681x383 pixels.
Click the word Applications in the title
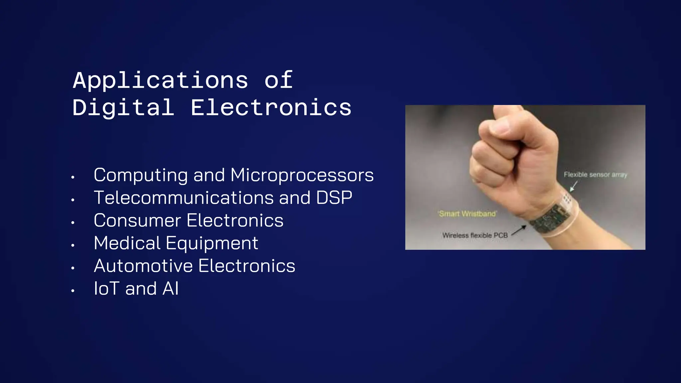pos(160,80)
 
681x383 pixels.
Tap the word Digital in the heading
pos(123,108)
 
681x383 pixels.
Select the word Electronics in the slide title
pos(271,108)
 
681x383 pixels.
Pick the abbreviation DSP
pos(334,198)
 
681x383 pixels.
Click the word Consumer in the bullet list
pos(137,220)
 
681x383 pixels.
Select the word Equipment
pos(212,243)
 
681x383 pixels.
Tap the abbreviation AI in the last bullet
pos(170,289)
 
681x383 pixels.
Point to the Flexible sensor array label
pos(595,175)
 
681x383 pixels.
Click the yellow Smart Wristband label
pos(467,214)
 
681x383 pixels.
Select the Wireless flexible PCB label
pos(475,235)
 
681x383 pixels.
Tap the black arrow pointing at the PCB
pos(519,230)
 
